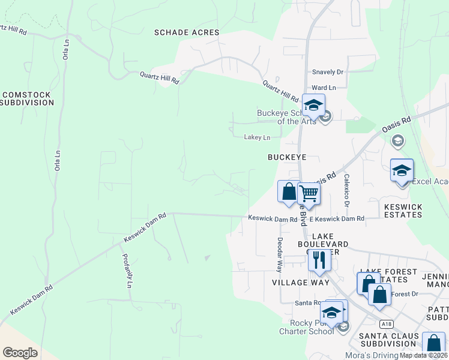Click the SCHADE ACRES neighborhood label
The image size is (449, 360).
tap(187, 32)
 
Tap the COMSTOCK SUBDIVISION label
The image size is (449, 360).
tap(28, 99)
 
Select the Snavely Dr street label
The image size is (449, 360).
tap(327, 72)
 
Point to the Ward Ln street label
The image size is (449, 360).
tap(324, 88)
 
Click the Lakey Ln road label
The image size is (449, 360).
tap(257, 137)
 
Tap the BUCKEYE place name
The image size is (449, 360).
tap(287, 157)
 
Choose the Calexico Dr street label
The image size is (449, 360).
tap(346, 191)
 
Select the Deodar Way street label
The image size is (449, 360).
tap(280, 252)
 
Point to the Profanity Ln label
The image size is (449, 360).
tap(127, 272)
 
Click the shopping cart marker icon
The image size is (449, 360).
tap(309, 193)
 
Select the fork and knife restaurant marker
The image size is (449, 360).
tap(319, 259)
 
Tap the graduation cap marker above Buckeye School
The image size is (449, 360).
tap(313, 105)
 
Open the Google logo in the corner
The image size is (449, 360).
tap(20, 353)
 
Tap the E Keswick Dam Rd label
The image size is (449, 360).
tap(340, 220)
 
